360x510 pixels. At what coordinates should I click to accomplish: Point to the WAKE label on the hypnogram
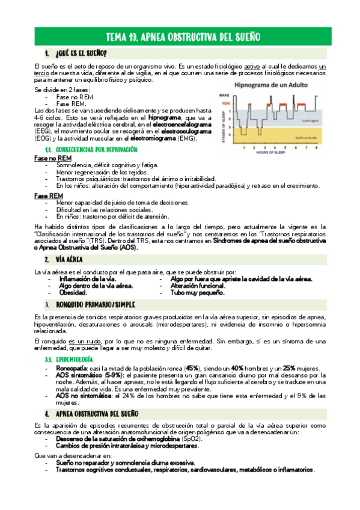pos(224,95)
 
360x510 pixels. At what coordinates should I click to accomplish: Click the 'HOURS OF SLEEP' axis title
pos(277,152)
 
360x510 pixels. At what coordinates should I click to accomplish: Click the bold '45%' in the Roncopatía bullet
pos(192,367)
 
